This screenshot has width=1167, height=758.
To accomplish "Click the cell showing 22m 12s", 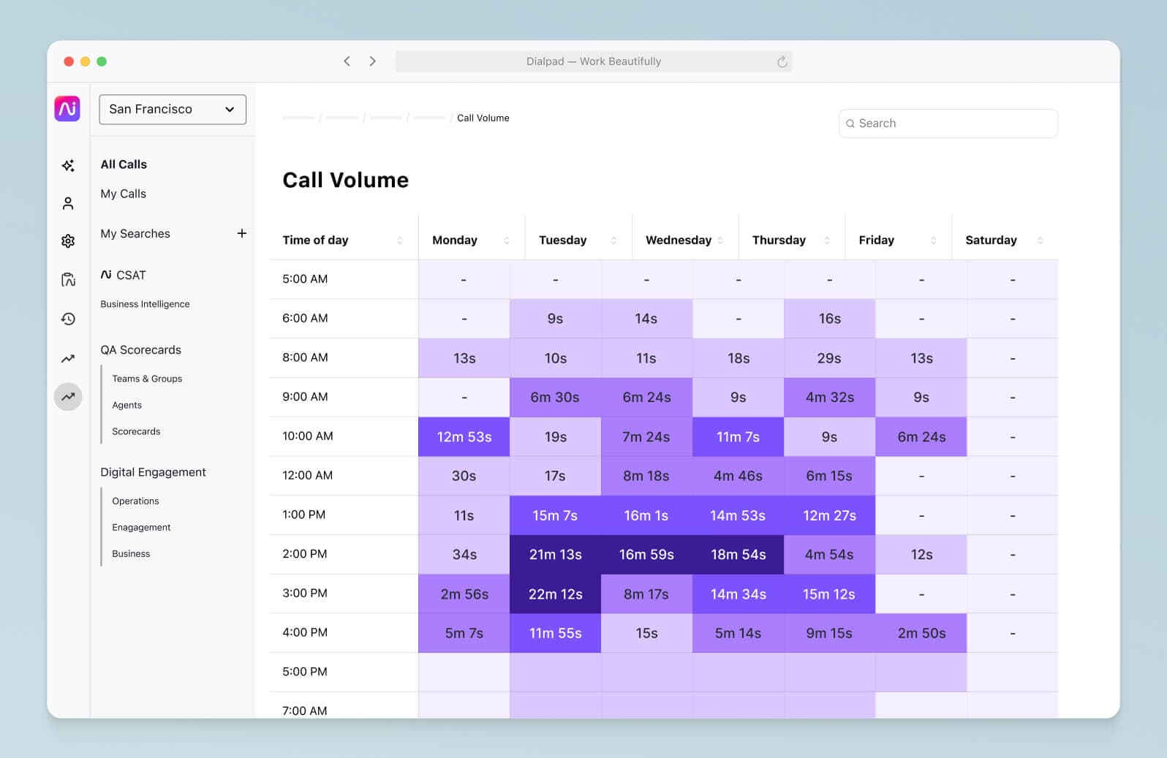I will (x=555, y=594).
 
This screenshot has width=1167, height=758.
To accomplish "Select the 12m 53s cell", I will (x=464, y=437).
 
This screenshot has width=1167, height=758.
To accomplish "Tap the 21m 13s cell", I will (x=555, y=555).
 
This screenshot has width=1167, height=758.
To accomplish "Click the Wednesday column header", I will (x=678, y=240).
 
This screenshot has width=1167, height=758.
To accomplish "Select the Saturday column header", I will (x=990, y=240).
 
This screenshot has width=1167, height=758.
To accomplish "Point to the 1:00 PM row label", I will (x=303, y=515).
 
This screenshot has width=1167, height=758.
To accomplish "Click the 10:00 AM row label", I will (x=307, y=436).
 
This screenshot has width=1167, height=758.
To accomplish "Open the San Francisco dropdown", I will (x=173, y=110).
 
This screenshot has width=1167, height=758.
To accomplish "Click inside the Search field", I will (x=951, y=124).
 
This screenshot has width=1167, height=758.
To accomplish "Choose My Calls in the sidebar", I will (x=123, y=194).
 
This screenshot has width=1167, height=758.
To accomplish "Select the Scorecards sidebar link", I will (x=136, y=431).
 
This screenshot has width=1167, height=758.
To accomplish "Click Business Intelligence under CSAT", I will (x=145, y=304).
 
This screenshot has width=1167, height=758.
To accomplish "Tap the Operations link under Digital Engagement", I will (x=135, y=501).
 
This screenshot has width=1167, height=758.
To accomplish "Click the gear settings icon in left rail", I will (x=68, y=241).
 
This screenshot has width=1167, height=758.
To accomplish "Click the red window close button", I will (x=69, y=61).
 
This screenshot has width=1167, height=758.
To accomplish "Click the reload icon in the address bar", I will (x=782, y=62).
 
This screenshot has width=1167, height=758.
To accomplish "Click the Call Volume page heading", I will (x=345, y=181).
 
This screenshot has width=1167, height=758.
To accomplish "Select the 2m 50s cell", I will (x=921, y=634).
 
